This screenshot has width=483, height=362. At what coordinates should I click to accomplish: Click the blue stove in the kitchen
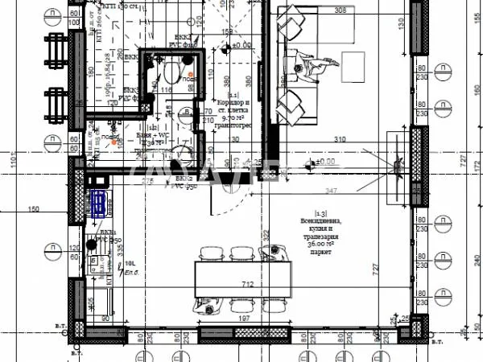98,204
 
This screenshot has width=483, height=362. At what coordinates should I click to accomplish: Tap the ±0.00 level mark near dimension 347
324,162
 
